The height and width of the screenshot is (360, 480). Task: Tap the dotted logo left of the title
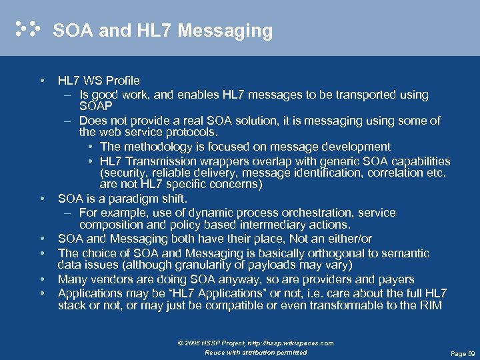point(27,29)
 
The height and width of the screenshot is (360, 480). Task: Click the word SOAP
point(95,106)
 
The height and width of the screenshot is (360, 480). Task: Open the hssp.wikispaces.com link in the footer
point(294,343)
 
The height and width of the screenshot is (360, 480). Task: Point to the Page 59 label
point(463,353)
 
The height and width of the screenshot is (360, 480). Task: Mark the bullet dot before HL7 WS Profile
point(41,81)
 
